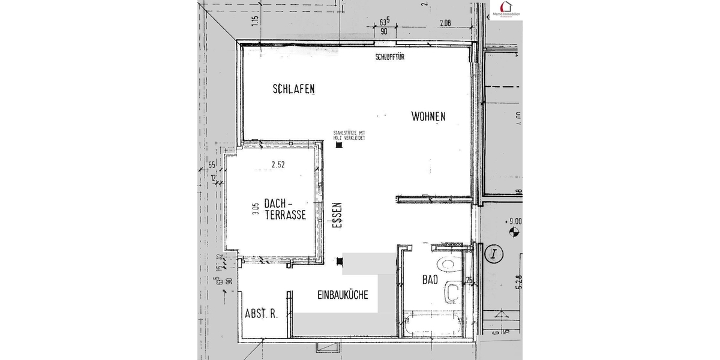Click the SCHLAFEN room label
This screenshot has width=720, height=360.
(x=293, y=89)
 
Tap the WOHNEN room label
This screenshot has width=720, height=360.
(x=428, y=116)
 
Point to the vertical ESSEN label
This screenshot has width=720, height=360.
(x=336, y=218)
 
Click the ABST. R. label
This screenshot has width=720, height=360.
(x=261, y=314)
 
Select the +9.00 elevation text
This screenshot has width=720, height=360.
(x=514, y=220)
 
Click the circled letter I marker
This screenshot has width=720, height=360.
(x=494, y=253)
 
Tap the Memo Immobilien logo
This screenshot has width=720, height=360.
(x=506, y=10)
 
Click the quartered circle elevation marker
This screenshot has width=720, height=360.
(x=512, y=230)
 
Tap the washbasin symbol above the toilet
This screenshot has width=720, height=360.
(x=447, y=263)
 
